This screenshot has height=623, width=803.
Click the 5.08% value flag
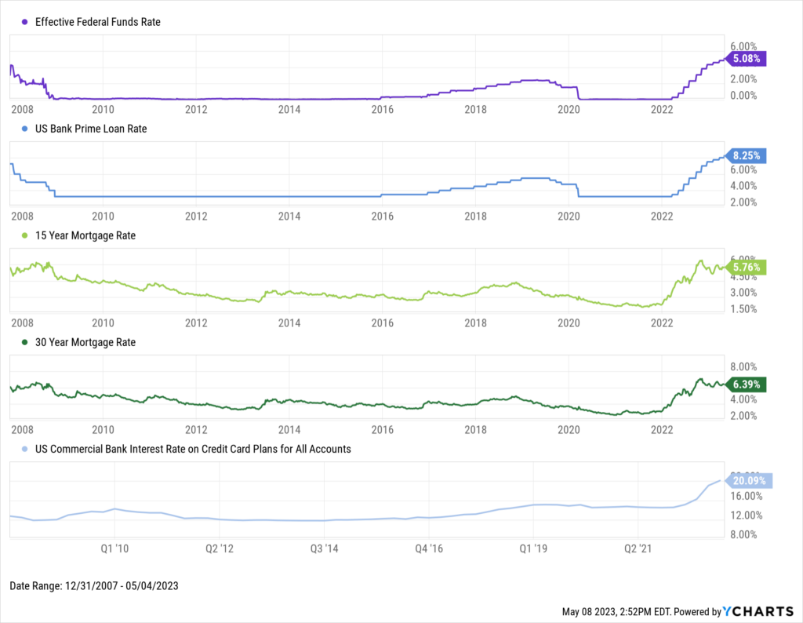click(x=746, y=59)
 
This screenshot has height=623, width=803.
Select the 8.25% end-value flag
click(x=746, y=155)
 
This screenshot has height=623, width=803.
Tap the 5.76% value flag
click(x=746, y=267)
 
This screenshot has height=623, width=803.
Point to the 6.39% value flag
click(x=746, y=384)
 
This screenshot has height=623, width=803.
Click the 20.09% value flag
click(x=750, y=481)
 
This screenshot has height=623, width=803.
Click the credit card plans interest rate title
click(x=194, y=449)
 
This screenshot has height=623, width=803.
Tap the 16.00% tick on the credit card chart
click(x=746, y=497)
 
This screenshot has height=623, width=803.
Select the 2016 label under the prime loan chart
click(x=382, y=214)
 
